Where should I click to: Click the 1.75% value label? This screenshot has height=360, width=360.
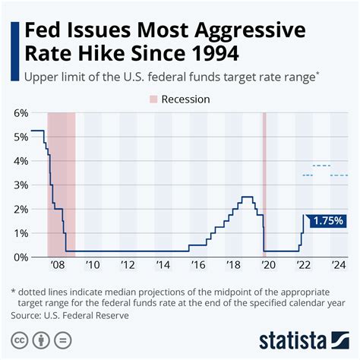tap(327, 221)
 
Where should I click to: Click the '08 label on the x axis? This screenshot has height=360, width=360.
tap(57, 265)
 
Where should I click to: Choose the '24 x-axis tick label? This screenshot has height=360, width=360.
tap(338, 265)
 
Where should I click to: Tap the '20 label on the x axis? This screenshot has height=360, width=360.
tap(267, 265)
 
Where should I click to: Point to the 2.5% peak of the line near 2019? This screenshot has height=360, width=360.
tap(247, 197)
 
